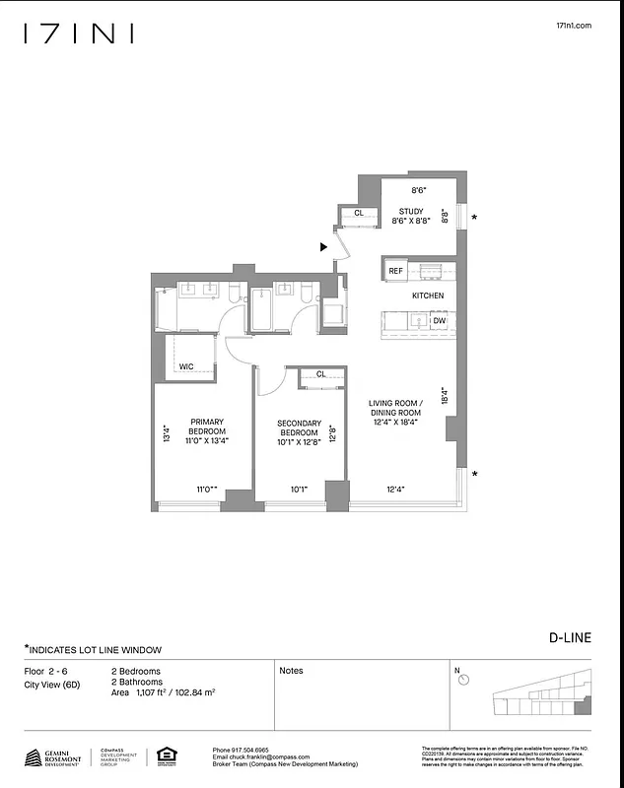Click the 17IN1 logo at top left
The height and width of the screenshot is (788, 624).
(x=79, y=34)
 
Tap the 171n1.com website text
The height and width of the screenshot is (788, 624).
(x=574, y=27)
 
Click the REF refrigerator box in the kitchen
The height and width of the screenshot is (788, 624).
(x=395, y=271)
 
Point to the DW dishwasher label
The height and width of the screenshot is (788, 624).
(x=439, y=321)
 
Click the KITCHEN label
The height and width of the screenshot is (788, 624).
(x=428, y=295)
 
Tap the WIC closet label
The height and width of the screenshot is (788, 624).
(x=185, y=366)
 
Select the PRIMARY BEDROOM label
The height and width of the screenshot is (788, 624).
(x=207, y=432)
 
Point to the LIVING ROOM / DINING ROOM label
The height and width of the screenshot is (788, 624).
(x=395, y=413)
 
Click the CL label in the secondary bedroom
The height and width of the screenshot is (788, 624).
(x=320, y=374)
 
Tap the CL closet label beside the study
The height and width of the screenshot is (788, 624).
(x=359, y=213)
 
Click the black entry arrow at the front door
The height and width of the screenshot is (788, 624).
(x=323, y=248)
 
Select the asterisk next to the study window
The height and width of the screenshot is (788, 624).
(x=475, y=218)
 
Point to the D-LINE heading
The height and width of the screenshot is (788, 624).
(x=570, y=637)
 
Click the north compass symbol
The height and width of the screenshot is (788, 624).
(x=463, y=680)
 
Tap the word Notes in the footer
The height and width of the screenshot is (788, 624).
(x=291, y=671)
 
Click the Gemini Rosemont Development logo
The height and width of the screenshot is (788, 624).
(x=54, y=757)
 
